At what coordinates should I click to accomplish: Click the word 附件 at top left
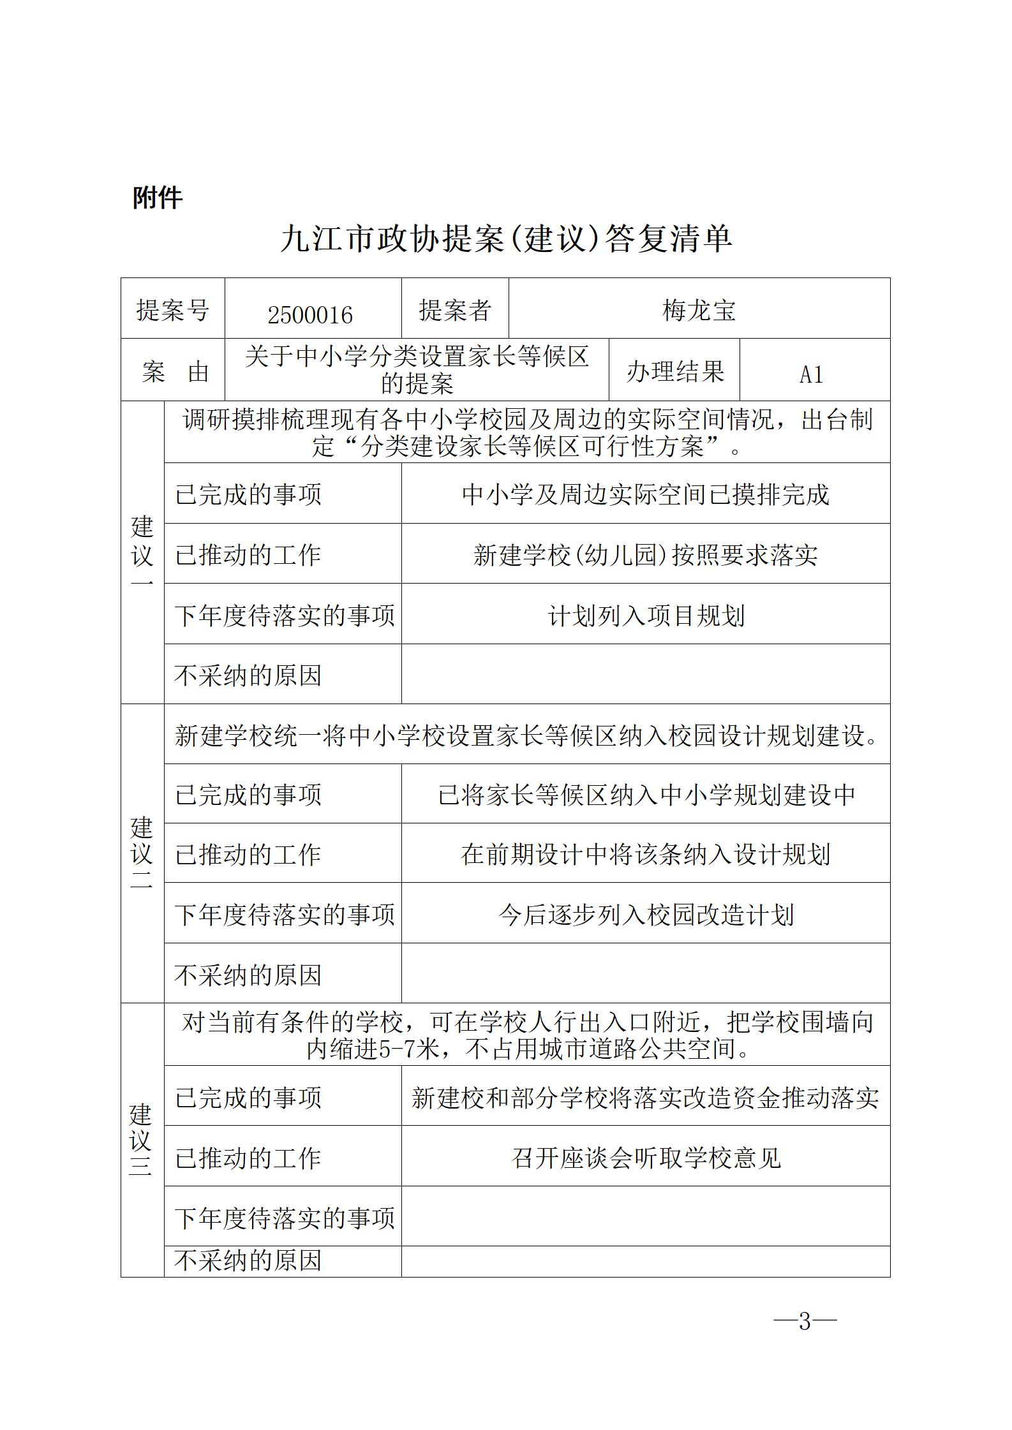158,197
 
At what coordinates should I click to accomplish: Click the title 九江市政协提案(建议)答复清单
506,239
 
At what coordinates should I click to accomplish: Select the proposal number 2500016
310,314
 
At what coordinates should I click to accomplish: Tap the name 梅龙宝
699,311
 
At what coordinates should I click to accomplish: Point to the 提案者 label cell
455,311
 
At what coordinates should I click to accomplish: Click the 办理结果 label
674,371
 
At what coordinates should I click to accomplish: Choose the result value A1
812,374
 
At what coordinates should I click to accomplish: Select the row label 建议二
142,853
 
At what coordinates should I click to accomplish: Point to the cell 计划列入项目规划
646,615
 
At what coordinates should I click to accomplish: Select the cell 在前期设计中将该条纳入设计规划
646,855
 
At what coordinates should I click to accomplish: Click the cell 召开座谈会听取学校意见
646,1158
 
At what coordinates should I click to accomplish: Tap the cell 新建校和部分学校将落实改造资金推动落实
646,1098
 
